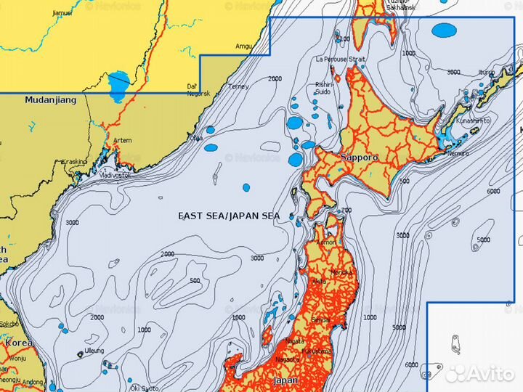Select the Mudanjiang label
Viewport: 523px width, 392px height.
click(50, 101)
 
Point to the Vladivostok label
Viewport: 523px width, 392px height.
click(95, 175)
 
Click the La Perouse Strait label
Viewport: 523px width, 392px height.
click(340, 59)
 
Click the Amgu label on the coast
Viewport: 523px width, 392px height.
click(244, 46)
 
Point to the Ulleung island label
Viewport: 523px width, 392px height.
click(94, 351)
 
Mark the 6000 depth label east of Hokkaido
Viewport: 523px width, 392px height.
click(493, 191)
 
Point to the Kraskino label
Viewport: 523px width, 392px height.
click(75, 161)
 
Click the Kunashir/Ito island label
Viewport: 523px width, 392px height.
click(474, 121)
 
